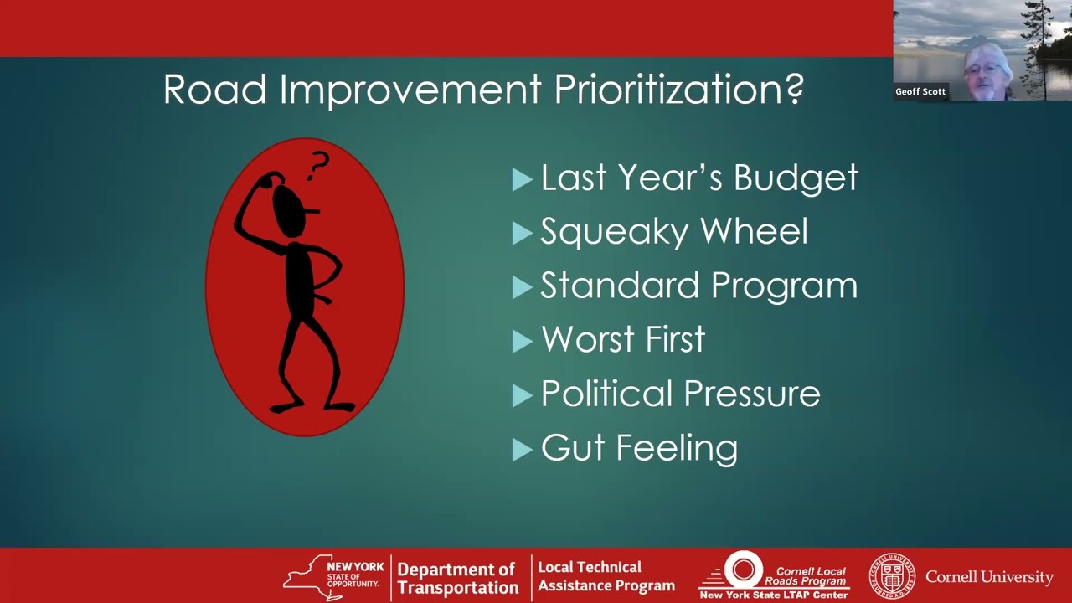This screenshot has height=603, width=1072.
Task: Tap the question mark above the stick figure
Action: click(318, 166)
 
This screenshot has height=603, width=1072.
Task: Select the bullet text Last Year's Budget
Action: click(699, 178)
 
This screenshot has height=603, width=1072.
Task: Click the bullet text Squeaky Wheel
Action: click(674, 232)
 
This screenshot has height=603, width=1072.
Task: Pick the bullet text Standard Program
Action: click(698, 286)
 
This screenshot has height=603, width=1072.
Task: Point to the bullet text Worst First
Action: click(623, 339)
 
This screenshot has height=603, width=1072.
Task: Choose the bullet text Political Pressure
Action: click(680, 394)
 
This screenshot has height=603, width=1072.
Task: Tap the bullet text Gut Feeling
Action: click(639, 448)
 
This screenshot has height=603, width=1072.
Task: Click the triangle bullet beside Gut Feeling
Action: click(522, 450)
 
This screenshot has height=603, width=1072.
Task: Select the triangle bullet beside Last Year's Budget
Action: click(522, 180)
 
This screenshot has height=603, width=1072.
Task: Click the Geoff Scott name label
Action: click(920, 92)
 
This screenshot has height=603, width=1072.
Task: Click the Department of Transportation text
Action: click(457, 579)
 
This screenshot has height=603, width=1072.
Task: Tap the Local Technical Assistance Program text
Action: click(606, 576)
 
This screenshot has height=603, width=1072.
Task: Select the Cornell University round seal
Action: click(891, 576)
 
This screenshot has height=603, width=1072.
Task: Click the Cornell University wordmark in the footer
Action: click(989, 577)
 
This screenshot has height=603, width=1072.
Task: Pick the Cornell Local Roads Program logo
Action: click(774, 575)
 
